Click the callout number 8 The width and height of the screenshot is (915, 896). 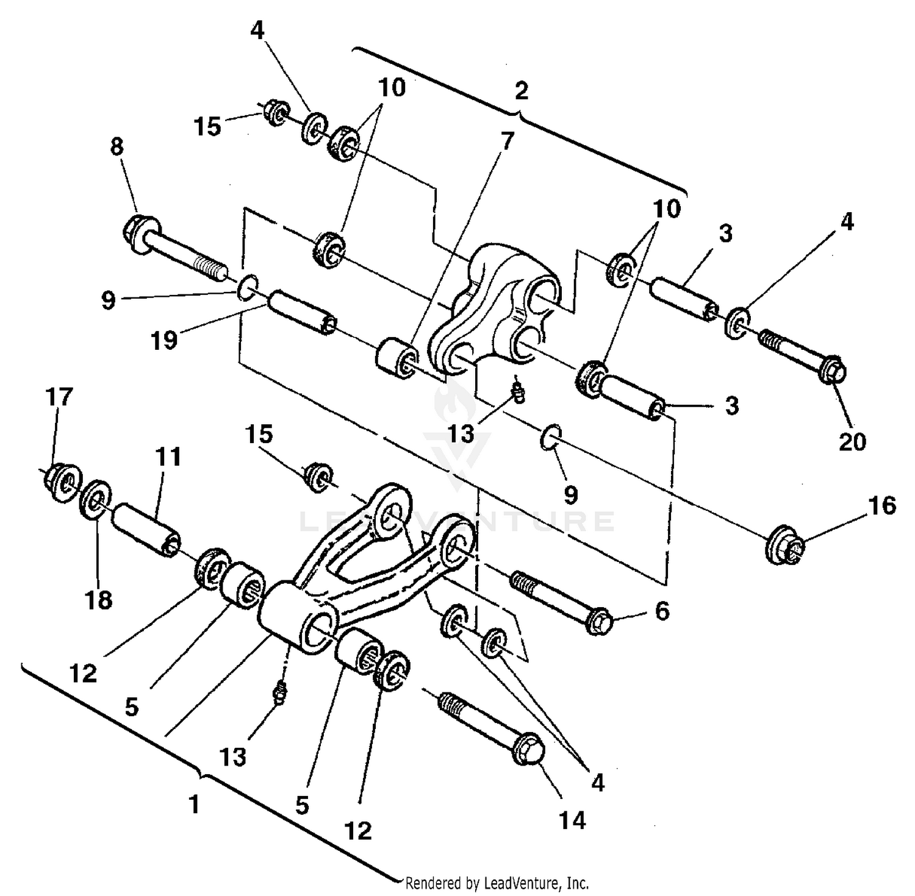(117, 147)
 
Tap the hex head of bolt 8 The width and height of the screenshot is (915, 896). (135, 231)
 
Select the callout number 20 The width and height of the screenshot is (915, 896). (852, 441)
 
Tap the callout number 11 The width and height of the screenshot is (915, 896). (168, 457)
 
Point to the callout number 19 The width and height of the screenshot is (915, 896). (163, 340)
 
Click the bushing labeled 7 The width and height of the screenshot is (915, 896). (395, 361)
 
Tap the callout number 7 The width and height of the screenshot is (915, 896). (507, 141)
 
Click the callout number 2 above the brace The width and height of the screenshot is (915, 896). (521, 91)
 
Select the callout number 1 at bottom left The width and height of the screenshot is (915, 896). (194, 805)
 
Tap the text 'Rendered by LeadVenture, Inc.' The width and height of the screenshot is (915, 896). (497, 883)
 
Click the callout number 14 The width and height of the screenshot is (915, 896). (572, 820)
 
